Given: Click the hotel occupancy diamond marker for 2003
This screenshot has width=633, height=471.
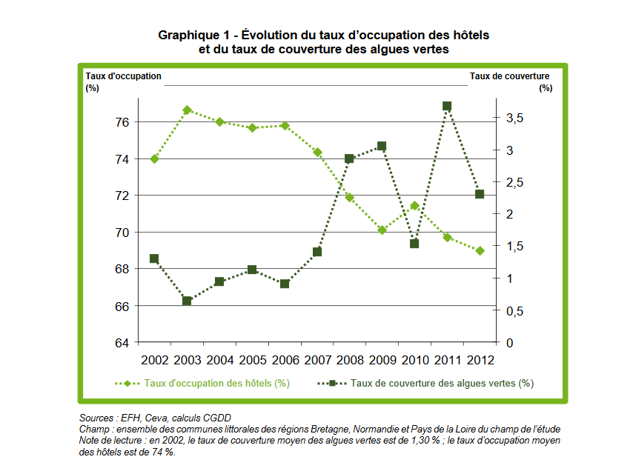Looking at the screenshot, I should [x=188, y=110].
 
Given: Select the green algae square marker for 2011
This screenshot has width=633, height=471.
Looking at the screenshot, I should [x=447, y=106].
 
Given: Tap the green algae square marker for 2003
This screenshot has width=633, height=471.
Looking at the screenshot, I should [x=187, y=301].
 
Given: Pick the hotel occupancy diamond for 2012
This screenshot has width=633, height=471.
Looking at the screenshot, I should [x=480, y=250].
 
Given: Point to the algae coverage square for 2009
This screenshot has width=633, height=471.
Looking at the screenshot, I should [x=382, y=146].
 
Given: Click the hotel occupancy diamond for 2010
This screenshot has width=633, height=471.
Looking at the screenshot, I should [x=414, y=206].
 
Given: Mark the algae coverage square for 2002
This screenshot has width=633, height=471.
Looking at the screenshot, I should [x=154, y=258].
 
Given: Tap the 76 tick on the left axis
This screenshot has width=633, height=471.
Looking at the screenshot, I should [x=122, y=121].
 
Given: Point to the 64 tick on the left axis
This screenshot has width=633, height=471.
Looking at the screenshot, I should [x=122, y=343].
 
